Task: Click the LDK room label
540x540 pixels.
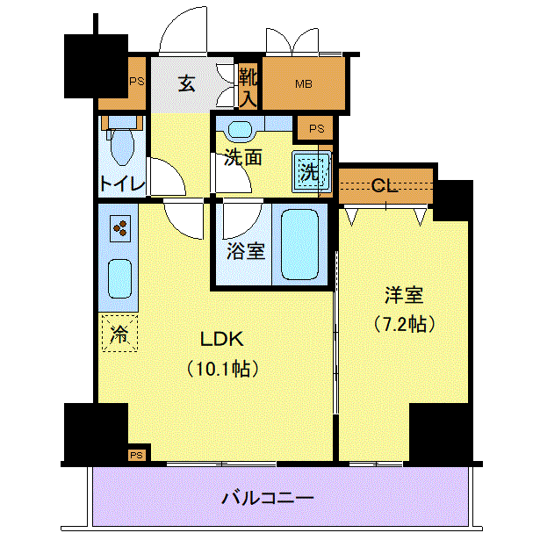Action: [222, 339]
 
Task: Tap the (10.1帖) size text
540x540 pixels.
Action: [222, 369]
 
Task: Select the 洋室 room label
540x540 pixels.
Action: [404, 295]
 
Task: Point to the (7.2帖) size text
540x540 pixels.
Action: [404, 324]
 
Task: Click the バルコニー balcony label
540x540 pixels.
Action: [268, 498]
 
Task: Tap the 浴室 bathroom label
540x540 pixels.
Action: [246, 251]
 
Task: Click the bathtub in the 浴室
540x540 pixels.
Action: [299, 244]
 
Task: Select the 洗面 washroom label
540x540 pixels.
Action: [243, 157]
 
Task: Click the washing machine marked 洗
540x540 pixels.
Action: [311, 172]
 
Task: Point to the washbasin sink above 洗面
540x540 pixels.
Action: [240, 131]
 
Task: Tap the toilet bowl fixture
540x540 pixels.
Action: [121, 146]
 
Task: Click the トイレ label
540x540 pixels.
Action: [122, 184]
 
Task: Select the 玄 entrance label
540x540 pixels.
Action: [187, 83]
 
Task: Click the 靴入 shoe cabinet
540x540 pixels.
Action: [248, 86]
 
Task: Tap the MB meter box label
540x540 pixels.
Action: [304, 83]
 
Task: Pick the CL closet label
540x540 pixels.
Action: [385, 186]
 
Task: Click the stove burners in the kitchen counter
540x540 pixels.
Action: [120, 228]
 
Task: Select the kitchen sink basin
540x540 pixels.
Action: [119, 278]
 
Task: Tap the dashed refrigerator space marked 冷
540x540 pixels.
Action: [119, 334]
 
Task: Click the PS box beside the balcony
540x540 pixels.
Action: [137, 456]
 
